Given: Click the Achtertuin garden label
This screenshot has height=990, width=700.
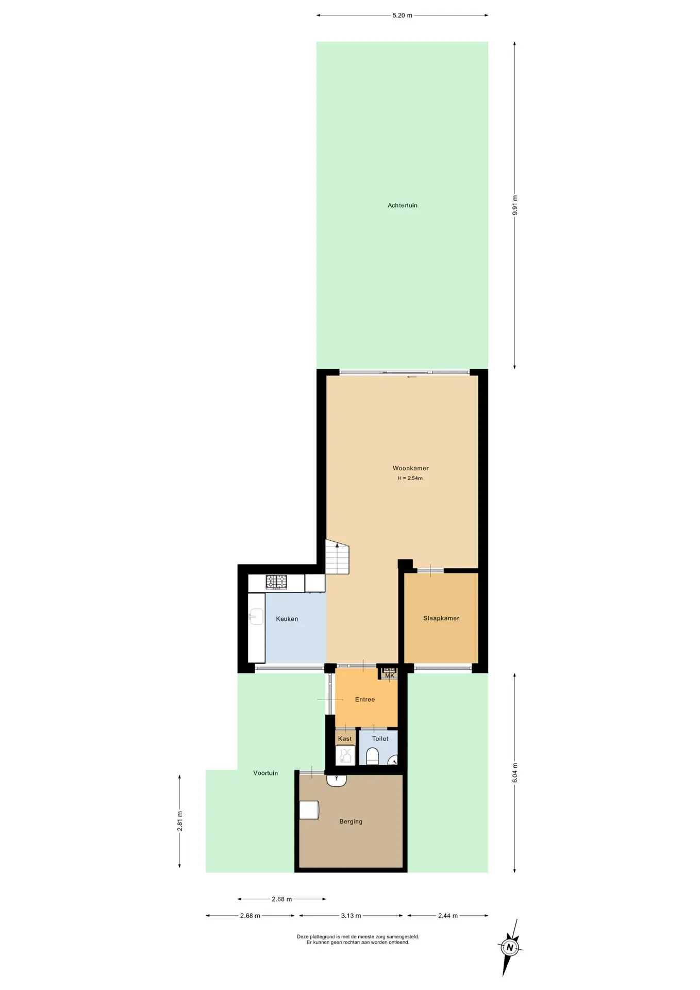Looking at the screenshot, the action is click(x=402, y=205).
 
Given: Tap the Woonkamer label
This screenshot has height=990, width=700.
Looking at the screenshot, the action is click(x=410, y=468).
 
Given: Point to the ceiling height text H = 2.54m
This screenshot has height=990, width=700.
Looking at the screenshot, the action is click(x=410, y=478).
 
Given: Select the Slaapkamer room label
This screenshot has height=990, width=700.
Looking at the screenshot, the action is click(x=441, y=618).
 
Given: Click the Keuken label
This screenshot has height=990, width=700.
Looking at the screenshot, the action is click(x=287, y=619).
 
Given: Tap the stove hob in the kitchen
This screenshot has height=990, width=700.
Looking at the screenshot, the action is click(x=276, y=582).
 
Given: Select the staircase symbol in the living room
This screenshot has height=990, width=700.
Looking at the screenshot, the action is click(x=337, y=557).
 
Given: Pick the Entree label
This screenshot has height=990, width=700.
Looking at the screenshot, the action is click(x=364, y=700).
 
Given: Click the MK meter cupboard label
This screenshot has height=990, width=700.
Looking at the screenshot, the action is click(x=390, y=675).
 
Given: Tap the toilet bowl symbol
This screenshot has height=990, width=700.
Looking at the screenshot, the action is click(x=372, y=756).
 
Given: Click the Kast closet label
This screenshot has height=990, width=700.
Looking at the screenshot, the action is click(x=345, y=739).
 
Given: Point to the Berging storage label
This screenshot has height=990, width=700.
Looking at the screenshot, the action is click(x=351, y=821).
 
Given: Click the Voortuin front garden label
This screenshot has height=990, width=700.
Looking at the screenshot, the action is click(x=265, y=773).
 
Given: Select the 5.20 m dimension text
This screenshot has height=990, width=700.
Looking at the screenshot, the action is click(x=402, y=15).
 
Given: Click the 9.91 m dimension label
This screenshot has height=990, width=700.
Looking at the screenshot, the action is click(x=515, y=205).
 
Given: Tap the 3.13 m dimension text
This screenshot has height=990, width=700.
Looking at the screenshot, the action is click(x=351, y=916).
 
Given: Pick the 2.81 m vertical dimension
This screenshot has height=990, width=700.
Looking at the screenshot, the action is click(x=180, y=821).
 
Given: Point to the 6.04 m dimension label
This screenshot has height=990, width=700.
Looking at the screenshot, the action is click(x=515, y=773).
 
